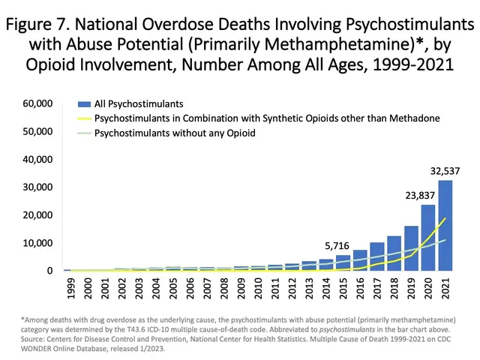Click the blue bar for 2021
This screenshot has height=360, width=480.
point(445,225)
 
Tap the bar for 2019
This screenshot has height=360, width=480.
point(412,248)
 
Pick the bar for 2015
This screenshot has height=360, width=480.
point(343,262)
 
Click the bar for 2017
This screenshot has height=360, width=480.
point(377,256)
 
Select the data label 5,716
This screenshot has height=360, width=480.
point(338,244)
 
